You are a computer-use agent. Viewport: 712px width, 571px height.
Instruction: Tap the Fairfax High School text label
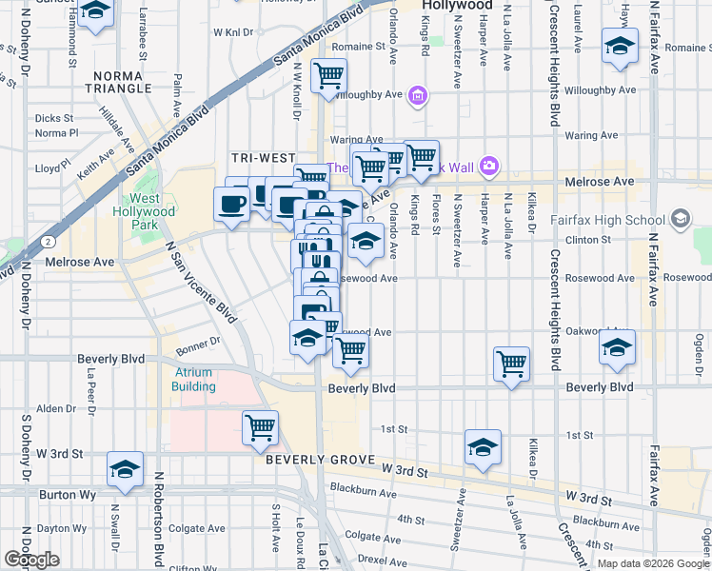[607, 220]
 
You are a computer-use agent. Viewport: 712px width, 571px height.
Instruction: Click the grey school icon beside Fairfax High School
[680, 220]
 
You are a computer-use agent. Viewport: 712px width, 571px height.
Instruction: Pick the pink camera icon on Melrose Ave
[489, 167]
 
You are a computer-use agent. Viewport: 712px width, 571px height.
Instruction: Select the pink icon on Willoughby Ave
[417, 95]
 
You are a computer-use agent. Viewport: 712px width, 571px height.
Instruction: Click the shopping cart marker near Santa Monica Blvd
[328, 76]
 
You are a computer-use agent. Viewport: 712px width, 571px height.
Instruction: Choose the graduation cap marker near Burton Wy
[124, 469]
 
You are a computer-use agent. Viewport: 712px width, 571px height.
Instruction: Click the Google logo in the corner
[31, 561]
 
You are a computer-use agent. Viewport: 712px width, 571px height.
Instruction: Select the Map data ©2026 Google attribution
[653, 563]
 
